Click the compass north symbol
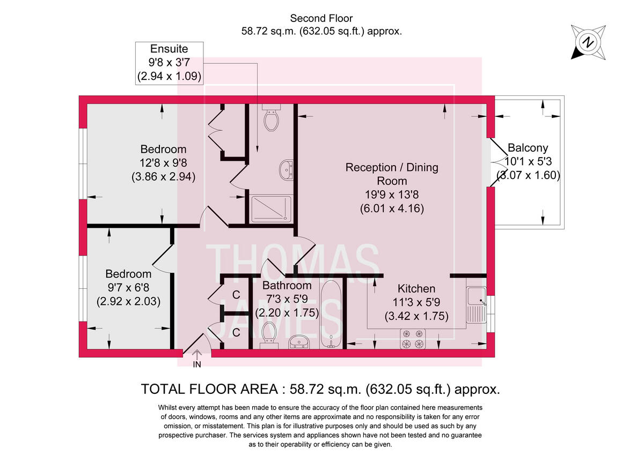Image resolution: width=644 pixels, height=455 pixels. (x=588, y=41)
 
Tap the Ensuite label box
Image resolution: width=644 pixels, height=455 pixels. (x=169, y=63)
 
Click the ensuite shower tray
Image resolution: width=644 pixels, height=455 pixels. (x=272, y=208)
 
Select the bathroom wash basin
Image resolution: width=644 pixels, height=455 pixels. (x=299, y=341)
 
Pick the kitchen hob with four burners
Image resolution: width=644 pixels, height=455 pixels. (x=412, y=339)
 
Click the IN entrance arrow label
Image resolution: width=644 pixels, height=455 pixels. (x=197, y=364)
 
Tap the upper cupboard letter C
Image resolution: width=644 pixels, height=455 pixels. (x=236, y=294)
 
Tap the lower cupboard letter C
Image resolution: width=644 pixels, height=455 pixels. (x=236, y=332)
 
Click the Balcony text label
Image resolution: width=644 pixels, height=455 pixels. (x=528, y=148)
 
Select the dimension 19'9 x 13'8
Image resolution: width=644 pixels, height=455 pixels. (x=392, y=195)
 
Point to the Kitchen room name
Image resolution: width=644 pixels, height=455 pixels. (x=416, y=289)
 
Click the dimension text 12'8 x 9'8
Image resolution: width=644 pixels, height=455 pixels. (x=163, y=162)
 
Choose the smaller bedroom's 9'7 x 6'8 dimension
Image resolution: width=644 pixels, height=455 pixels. (x=128, y=287)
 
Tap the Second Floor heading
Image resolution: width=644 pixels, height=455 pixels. (x=321, y=19)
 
